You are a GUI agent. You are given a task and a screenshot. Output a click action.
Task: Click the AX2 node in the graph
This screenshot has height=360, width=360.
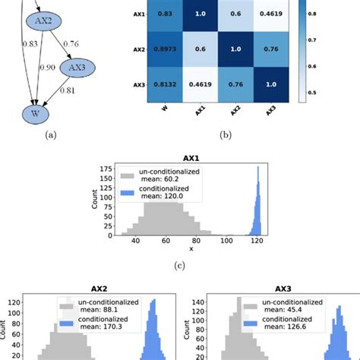coord(41,42)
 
